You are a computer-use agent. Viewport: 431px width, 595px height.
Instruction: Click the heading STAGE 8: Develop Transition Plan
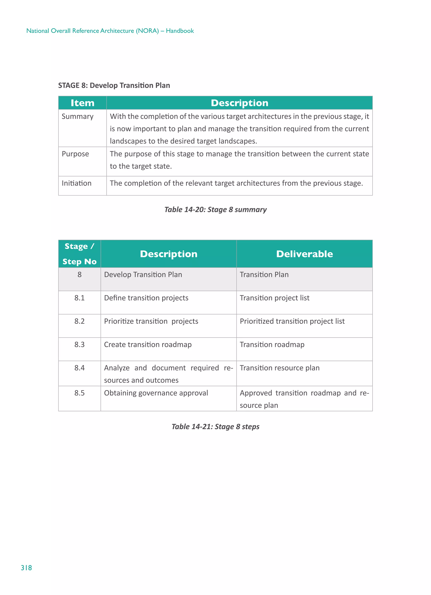click(x=114, y=85)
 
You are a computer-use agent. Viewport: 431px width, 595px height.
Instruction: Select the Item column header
click(x=82, y=103)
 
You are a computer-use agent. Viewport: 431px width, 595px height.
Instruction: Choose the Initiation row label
click(x=77, y=183)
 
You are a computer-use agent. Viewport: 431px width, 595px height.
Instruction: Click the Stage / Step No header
click(x=79, y=254)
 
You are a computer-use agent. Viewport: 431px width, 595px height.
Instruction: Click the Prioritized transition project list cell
click(x=292, y=321)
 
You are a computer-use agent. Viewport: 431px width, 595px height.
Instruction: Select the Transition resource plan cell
click(x=279, y=368)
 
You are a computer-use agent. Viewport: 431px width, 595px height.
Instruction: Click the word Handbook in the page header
click(x=180, y=31)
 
